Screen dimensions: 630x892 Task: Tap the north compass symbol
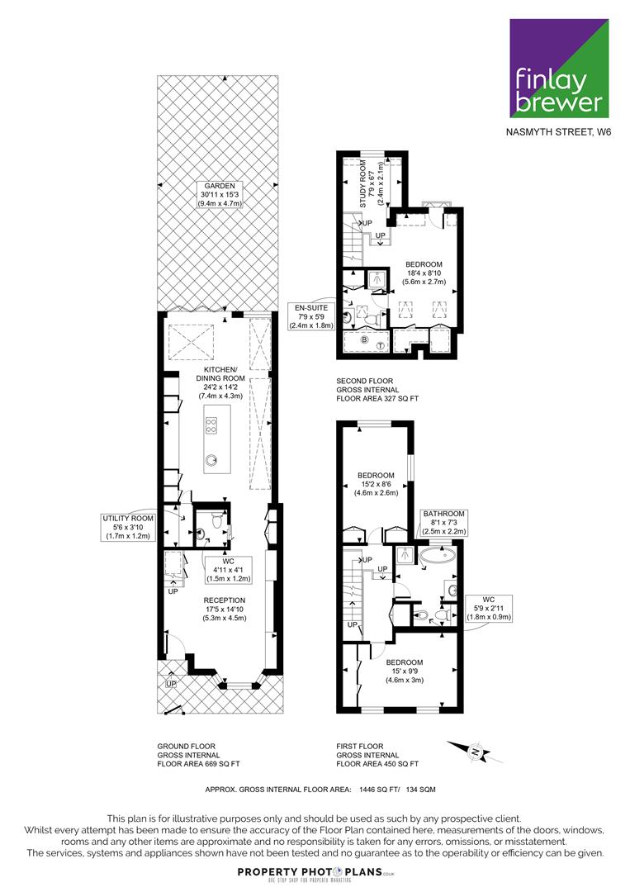pyautogui.click(x=475, y=752)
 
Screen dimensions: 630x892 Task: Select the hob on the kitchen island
pyautogui.click(x=211, y=425)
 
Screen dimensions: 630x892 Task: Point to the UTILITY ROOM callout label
pyautogui.click(x=128, y=527)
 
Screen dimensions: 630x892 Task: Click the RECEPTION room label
pyautogui.click(x=225, y=609)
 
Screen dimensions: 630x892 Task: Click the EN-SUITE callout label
pyautogui.click(x=311, y=316)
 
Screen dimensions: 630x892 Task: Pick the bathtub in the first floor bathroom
pyautogui.click(x=438, y=555)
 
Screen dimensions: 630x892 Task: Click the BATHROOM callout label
pyautogui.click(x=444, y=522)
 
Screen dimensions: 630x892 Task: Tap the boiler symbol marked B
pyautogui.click(x=365, y=339)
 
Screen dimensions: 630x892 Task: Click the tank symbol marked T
pyautogui.click(x=380, y=345)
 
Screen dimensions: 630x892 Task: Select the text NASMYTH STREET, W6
pyautogui.click(x=559, y=132)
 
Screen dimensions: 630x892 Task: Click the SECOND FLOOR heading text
pyautogui.click(x=364, y=381)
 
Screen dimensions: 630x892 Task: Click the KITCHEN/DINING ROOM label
pyautogui.click(x=220, y=382)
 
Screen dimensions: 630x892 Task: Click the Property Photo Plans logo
pyautogui.click(x=315, y=873)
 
